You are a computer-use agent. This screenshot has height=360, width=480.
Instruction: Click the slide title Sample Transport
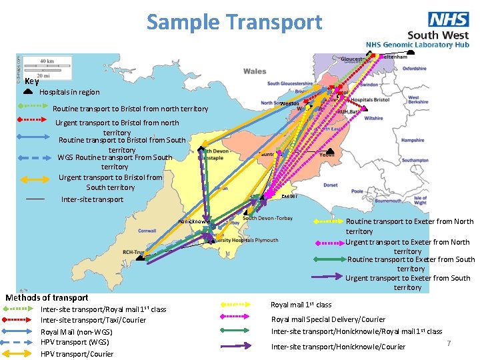234,22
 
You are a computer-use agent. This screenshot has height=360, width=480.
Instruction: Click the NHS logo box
449,19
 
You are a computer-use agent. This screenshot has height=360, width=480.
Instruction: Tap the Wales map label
255,71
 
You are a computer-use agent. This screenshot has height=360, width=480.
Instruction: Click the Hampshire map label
412,141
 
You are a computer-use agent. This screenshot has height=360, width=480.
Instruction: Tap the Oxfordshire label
414,69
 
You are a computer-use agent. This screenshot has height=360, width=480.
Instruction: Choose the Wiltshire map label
373,118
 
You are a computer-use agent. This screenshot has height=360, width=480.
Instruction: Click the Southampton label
415,160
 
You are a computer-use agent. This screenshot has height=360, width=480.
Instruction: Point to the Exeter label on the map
289,196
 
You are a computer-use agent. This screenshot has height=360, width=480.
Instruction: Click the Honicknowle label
194,221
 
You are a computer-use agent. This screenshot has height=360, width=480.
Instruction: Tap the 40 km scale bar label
47,61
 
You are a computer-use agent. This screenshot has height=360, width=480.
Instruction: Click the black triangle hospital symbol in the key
29,90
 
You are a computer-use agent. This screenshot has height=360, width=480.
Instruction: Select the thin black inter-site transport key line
35,199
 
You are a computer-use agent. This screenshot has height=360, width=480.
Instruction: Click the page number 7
449,343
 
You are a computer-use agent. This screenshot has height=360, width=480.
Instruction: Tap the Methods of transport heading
47,297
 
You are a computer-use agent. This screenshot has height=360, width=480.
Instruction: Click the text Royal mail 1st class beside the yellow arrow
301,305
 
